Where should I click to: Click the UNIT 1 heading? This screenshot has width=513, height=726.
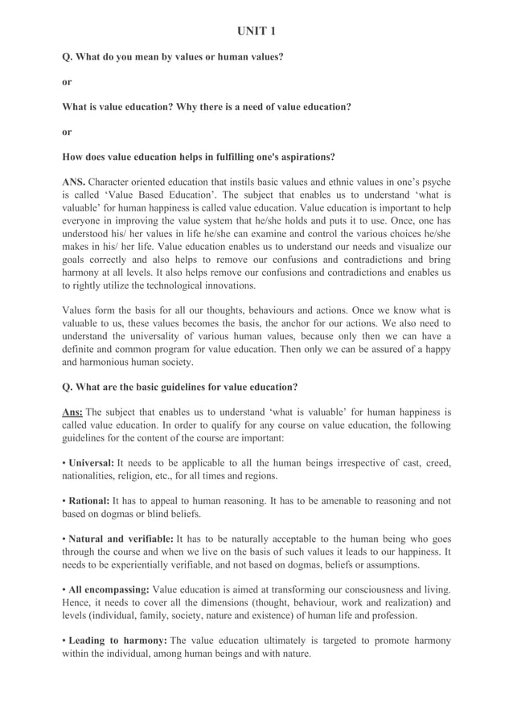coord(256,31)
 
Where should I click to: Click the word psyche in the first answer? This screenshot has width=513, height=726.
coord(435,182)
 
